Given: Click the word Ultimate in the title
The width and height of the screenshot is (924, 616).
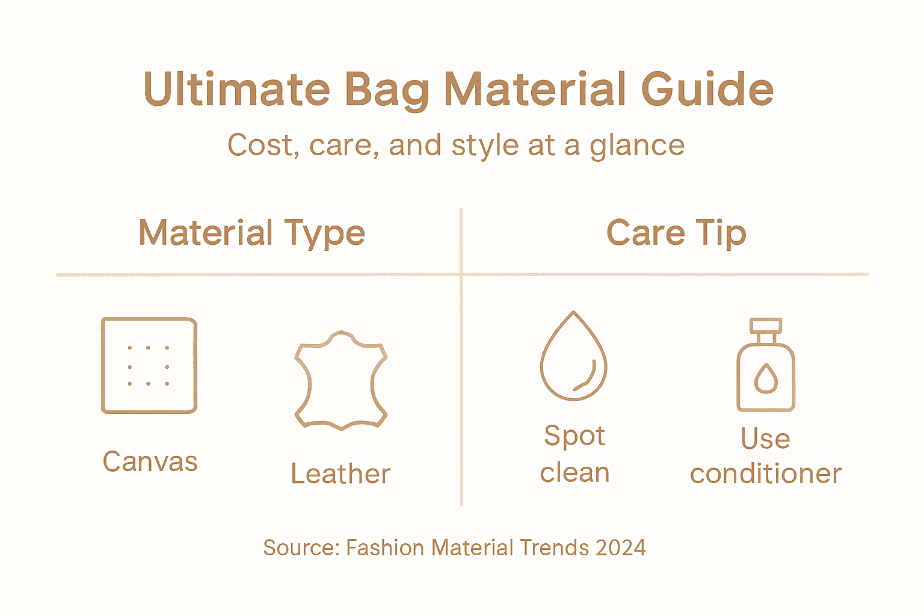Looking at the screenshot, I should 237,89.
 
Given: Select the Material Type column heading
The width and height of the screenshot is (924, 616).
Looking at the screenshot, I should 252,233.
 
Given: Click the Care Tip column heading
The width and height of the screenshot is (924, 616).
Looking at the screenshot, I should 676,233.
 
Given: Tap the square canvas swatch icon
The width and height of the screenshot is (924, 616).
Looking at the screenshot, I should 149,365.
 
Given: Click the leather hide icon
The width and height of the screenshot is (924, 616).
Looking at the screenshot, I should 341,380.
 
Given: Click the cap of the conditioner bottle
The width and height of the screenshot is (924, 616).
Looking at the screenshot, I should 766,326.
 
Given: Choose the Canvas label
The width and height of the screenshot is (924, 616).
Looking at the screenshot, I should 150,462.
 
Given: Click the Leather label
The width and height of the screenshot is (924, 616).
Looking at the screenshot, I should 340,474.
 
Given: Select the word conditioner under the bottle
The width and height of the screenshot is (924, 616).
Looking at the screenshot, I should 766,474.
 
